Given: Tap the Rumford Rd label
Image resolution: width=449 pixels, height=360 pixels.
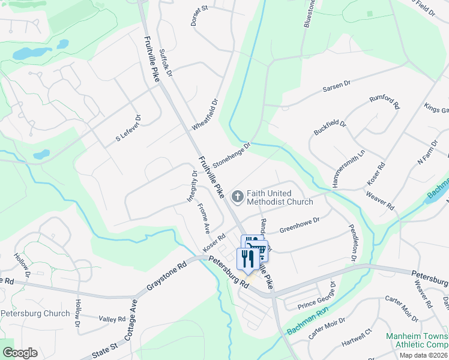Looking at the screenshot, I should (384, 103).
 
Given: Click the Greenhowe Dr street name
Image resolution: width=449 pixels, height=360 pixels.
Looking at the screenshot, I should (300, 225).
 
